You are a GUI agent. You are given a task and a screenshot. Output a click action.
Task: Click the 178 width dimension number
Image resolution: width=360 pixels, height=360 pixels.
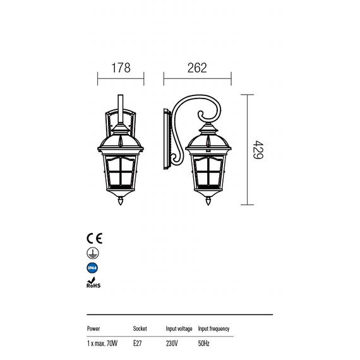(121, 68)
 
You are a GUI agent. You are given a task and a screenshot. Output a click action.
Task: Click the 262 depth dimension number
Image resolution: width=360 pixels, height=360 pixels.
(197, 68)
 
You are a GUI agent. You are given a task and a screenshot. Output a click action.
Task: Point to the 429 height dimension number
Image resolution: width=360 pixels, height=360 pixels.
(258, 150)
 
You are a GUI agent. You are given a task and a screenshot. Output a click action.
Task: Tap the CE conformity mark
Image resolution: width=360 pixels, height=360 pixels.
(94, 238)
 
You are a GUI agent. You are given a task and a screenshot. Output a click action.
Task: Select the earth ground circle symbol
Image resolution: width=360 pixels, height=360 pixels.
(93, 253)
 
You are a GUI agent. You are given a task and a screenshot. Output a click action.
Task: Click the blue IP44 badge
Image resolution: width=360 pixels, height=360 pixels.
(92, 268)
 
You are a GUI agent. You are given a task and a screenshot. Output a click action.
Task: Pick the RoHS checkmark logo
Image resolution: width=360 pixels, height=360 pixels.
(93, 282)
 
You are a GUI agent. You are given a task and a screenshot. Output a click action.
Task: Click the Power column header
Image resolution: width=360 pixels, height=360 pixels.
(93, 328)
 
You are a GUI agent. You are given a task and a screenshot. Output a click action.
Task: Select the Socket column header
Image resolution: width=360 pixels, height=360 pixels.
(140, 328)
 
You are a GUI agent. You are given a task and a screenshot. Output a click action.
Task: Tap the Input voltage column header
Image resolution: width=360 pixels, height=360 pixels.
(179, 329)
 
